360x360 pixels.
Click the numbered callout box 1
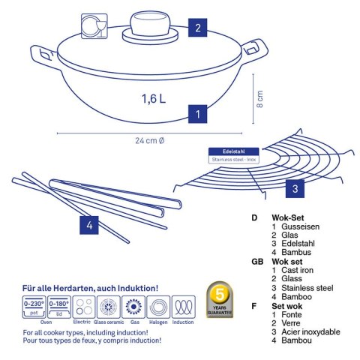196,115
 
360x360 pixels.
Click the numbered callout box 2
197,29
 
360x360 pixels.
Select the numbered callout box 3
296,187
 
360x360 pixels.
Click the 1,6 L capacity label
152,97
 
